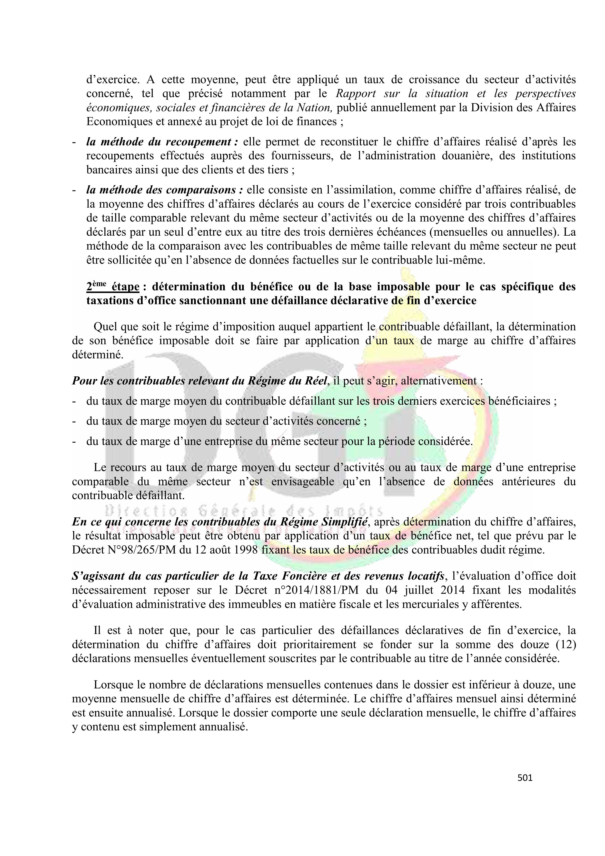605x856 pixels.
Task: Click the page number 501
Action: (x=525, y=778)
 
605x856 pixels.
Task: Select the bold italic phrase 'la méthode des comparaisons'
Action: (x=164, y=190)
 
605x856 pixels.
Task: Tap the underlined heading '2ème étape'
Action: (x=113, y=287)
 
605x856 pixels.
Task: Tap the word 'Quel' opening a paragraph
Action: (x=104, y=327)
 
